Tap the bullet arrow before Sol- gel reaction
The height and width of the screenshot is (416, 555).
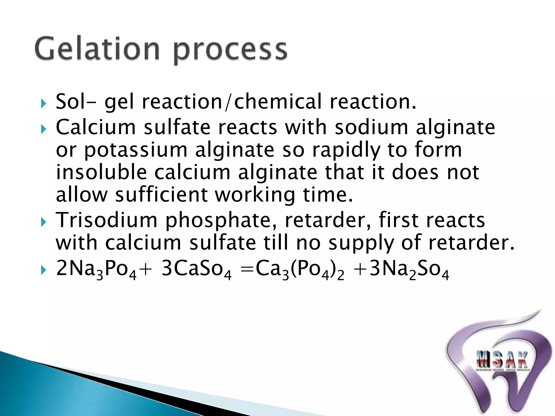point(43,103)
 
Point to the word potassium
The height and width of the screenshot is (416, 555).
point(135,151)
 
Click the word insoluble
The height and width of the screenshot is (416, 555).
point(101,172)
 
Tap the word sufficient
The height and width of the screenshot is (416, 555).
point(161,195)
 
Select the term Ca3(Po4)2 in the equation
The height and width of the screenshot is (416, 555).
point(300,269)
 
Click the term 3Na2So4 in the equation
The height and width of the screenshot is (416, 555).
point(409,269)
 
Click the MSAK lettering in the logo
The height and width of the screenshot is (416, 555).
point(502,359)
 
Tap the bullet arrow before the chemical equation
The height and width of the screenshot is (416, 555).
point(43,270)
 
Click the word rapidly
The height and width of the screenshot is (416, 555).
point(346,151)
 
